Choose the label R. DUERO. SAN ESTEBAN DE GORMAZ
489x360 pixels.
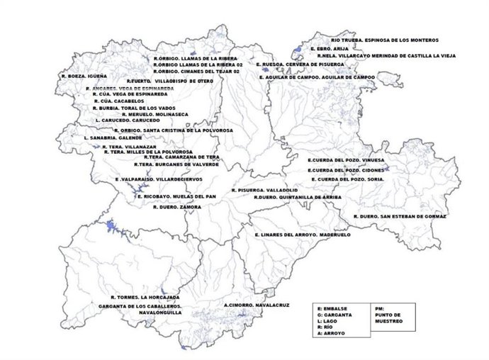(x=400, y=215)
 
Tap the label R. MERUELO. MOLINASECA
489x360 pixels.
(x=155, y=113)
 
